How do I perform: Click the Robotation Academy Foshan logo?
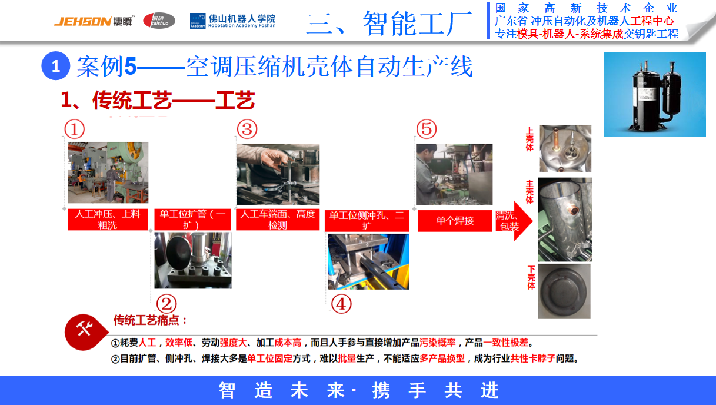pyautogui.click(x=232, y=21)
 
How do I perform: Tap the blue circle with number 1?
pyautogui.click(x=56, y=66)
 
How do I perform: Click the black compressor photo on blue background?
pyautogui.click(x=654, y=94)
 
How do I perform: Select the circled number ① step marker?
pyautogui.click(x=75, y=129)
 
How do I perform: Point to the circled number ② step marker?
pyautogui.click(x=165, y=304)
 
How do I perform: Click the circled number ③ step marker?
pyautogui.click(x=247, y=129)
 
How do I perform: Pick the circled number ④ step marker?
pyautogui.click(x=341, y=304)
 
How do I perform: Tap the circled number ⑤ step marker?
pyautogui.click(x=427, y=129)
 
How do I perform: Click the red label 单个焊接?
pyautogui.click(x=455, y=221)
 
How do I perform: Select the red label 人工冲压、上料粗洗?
pyautogui.click(x=108, y=220)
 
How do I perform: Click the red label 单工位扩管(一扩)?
pyautogui.click(x=192, y=220)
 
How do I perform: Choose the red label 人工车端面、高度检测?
pyautogui.click(x=278, y=220)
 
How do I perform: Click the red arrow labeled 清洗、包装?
pyautogui.click(x=513, y=221)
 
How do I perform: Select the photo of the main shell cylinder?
pyautogui.click(x=564, y=220)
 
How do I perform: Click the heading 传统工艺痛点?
pyautogui.click(x=150, y=321)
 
